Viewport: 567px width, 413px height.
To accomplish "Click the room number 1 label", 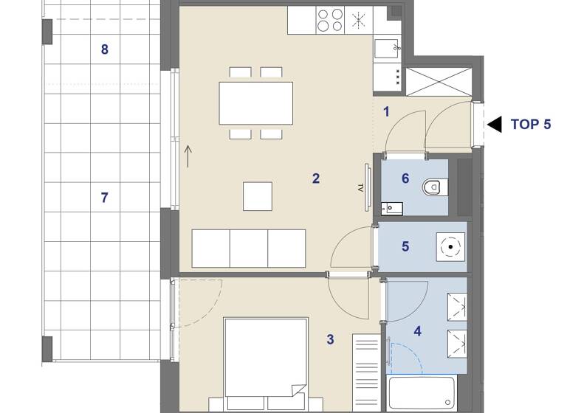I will tap(385, 112).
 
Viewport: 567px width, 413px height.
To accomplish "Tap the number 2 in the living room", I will tap(316, 178).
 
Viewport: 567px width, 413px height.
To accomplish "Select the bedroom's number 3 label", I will tap(330, 339).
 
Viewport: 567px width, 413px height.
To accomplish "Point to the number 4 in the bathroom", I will tap(418, 331).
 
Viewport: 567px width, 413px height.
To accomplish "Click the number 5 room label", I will tap(405, 246).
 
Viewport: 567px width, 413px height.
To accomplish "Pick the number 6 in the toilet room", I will tap(405, 178).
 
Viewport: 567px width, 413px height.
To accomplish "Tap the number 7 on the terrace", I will tap(104, 197).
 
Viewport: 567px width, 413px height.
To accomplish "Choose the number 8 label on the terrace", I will tap(104, 49).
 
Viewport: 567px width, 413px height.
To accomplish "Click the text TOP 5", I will tap(530, 124).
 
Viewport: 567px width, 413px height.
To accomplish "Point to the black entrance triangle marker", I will tap(495, 124).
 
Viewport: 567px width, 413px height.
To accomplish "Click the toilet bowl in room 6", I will tap(433, 187).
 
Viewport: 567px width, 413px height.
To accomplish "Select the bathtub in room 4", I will tap(422, 394).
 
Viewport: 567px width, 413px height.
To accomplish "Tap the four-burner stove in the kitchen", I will tap(330, 19).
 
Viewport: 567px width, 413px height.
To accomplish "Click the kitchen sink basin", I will tap(387, 49).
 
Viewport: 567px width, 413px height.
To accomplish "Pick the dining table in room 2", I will tap(255, 103).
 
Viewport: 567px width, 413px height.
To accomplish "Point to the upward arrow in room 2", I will tap(188, 156).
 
